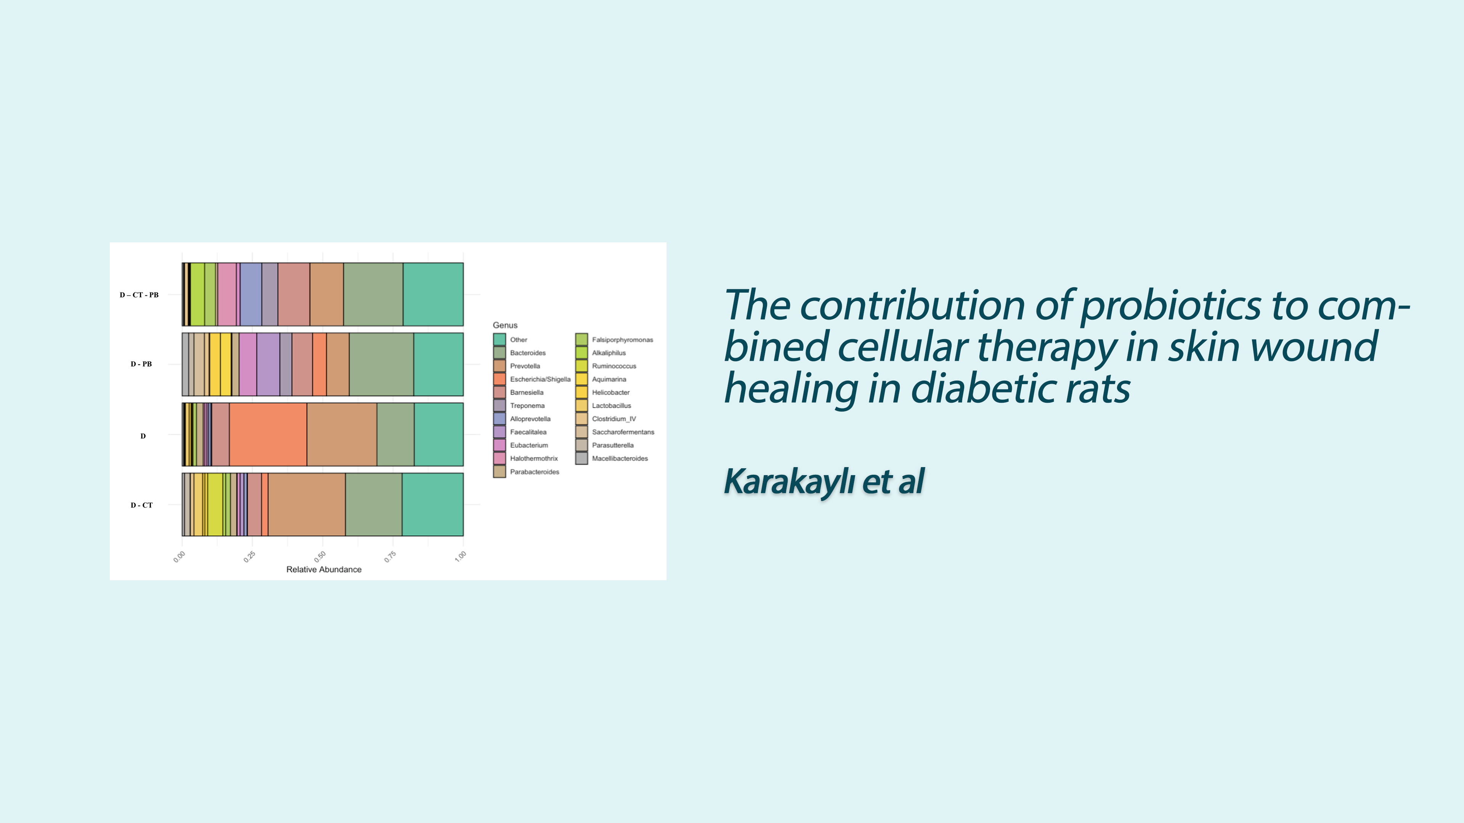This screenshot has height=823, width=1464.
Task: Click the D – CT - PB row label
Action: [139, 295]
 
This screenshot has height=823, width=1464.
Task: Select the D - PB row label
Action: [141, 364]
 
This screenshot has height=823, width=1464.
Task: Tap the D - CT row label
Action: [141, 505]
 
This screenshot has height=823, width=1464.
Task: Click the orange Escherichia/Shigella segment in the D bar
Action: [268, 434]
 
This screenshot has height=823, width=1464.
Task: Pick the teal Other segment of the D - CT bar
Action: [432, 504]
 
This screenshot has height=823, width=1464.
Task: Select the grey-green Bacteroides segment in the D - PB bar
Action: [381, 364]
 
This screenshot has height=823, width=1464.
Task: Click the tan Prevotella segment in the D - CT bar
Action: [307, 504]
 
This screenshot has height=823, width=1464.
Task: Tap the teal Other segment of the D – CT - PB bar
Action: [433, 294]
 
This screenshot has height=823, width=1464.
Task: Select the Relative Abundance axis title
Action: [324, 570]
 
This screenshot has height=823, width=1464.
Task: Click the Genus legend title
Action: [505, 325]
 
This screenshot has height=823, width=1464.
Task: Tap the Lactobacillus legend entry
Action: [604, 405]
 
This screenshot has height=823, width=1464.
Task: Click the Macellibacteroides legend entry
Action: [612, 458]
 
